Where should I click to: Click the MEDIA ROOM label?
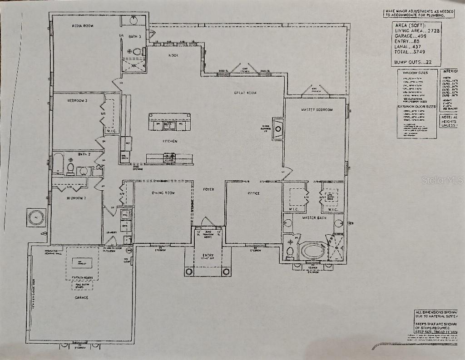pyautogui.click(x=83, y=25)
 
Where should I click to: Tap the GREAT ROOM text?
pyautogui.click(x=245, y=93)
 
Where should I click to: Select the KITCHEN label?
pyautogui.click(x=170, y=142)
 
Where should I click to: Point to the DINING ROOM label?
pyautogui.click(x=163, y=193)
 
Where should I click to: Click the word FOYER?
pyautogui.click(x=208, y=189)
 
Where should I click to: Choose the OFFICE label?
pyautogui.click(x=253, y=193)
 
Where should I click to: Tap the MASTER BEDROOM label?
pyautogui.click(x=317, y=110)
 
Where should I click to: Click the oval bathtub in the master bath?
pyautogui.click(x=313, y=251)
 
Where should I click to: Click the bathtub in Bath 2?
pyautogui.click(x=59, y=163)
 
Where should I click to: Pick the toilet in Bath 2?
pyautogui.click(x=71, y=168)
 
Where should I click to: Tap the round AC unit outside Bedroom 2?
pyautogui.click(x=36, y=217)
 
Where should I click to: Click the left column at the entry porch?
pyautogui.click(x=189, y=271)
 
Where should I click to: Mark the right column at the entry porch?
pyautogui.click(x=226, y=271)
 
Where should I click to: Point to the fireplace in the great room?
pyautogui.click(x=278, y=128)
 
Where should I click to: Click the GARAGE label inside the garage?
pyautogui.click(x=82, y=298)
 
